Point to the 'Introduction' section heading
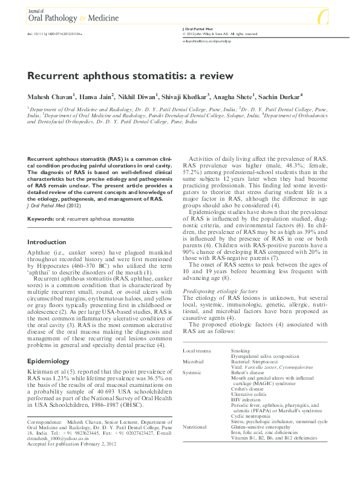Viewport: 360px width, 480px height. [47, 242]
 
